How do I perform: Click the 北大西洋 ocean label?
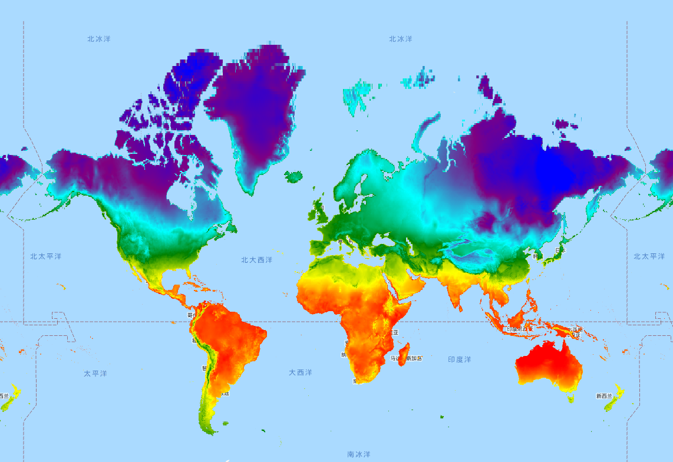coord(257,260)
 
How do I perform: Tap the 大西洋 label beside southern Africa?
coord(301,372)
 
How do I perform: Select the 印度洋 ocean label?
coord(459,359)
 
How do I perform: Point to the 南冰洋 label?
coord(358,454)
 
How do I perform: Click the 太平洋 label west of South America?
coord(95,374)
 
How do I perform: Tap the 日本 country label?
coord(560,250)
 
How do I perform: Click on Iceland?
coord(293,176)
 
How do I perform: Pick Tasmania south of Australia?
coord(570,399)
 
